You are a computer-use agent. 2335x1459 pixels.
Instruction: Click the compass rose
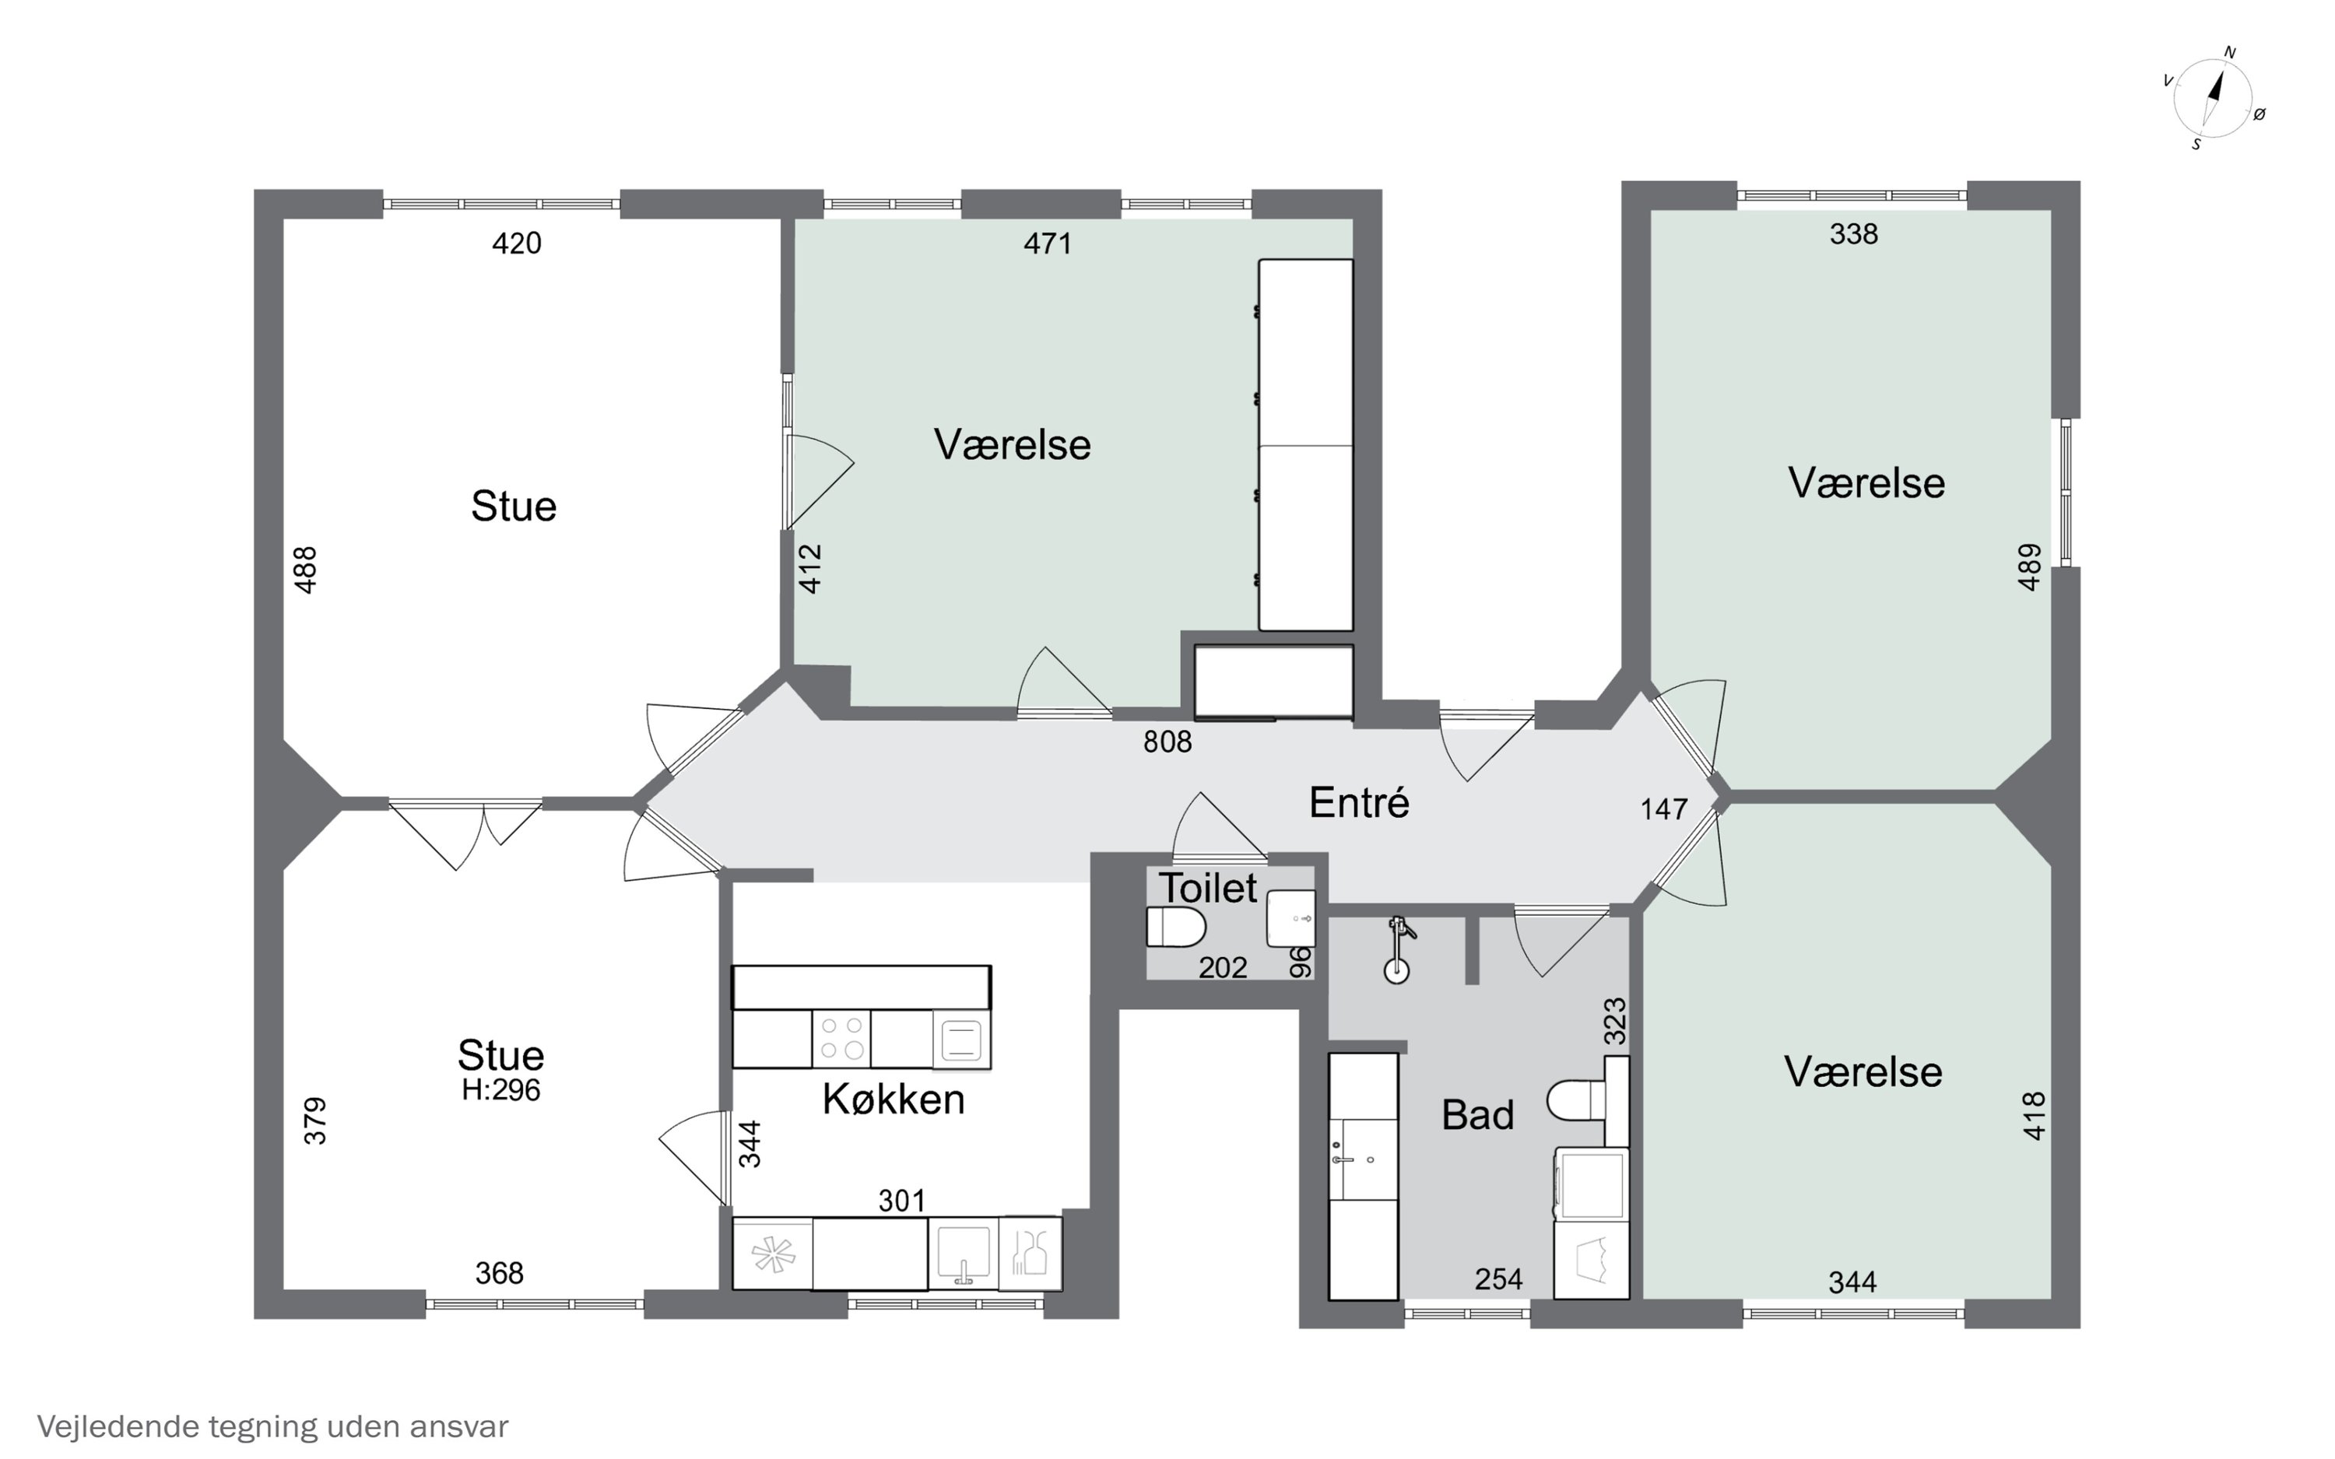[x=2214, y=97]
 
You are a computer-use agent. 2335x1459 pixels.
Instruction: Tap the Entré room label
[x=1358, y=803]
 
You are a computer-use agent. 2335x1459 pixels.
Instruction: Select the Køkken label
[x=894, y=1099]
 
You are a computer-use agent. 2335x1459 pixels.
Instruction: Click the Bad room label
[x=1477, y=1116]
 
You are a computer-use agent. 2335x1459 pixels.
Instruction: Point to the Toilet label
[x=1208, y=888]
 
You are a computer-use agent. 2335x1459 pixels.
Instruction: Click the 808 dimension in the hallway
[x=1167, y=741]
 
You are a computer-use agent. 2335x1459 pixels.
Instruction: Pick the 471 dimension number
[x=1048, y=243]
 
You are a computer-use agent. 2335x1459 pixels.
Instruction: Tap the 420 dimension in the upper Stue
[x=516, y=243]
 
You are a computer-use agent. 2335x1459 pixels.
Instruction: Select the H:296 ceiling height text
[x=500, y=1090]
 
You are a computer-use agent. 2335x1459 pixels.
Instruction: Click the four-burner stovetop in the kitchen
[x=841, y=1038]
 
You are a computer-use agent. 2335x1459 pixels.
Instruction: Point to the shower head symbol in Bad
[x=1398, y=950]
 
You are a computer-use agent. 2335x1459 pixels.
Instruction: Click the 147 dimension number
[x=1664, y=808]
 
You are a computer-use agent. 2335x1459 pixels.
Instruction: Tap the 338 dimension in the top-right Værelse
[x=1853, y=233]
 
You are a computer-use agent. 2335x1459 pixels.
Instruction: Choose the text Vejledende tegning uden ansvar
[x=272, y=1426]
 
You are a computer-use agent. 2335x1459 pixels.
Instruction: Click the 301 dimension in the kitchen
[x=902, y=1201]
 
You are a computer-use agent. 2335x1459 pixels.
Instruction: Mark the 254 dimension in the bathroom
[x=1498, y=1279]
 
